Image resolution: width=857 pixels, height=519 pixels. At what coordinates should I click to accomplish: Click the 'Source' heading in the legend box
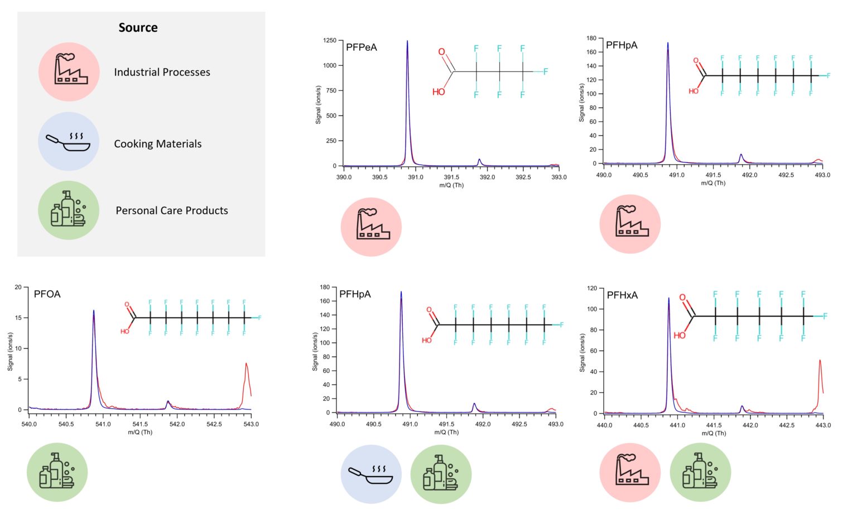coord(138,28)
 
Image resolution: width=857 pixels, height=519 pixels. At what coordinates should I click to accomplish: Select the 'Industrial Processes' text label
coord(162,72)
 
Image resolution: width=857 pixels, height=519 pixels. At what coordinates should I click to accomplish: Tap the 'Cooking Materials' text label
coord(157,144)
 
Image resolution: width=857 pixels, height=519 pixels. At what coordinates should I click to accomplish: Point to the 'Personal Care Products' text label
coord(171,210)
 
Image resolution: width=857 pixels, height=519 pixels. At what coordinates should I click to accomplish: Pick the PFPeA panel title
coord(361,47)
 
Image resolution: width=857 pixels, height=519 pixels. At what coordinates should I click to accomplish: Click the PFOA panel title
coord(47,294)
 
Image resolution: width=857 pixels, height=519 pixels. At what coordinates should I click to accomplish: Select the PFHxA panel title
coord(622,295)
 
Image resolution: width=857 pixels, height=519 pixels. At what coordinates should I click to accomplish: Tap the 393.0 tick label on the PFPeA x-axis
coord(559,177)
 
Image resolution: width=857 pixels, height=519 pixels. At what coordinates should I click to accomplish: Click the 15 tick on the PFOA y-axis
coord(18,318)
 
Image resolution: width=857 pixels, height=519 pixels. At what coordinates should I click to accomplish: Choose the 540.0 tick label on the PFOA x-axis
coord(29,425)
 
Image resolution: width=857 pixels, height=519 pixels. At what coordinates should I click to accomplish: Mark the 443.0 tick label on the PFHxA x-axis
coord(822,425)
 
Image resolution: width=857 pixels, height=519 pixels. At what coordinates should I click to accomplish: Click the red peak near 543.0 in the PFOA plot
coord(246,364)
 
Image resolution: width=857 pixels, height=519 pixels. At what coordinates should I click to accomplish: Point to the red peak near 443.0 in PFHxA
coord(820,361)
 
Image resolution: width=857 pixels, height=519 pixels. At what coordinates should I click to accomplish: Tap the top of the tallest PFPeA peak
coord(407,41)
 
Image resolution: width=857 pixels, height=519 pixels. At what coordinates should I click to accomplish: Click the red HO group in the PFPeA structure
coord(439,92)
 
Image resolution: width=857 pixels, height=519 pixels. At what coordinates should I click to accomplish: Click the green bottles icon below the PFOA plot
coord(57,472)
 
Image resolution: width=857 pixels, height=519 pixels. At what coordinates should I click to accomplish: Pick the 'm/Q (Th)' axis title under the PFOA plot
coord(140,433)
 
